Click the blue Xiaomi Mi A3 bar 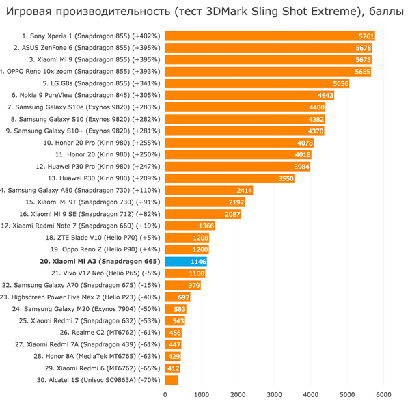pyautogui.click(x=185, y=262)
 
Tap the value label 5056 pyautogui.click(x=341, y=83)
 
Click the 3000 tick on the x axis pyautogui.click(x=274, y=394)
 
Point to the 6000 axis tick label pyautogui.click(x=383, y=394)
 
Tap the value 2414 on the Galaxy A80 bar pyautogui.click(x=245, y=190)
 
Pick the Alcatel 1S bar pyautogui.click(x=172, y=380)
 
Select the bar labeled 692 pyautogui.click(x=177, y=297)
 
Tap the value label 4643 pyautogui.click(x=325, y=95)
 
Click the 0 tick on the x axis pyautogui.click(x=165, y=394)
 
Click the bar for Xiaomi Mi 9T pyautogui.click(x=204, y=202)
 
